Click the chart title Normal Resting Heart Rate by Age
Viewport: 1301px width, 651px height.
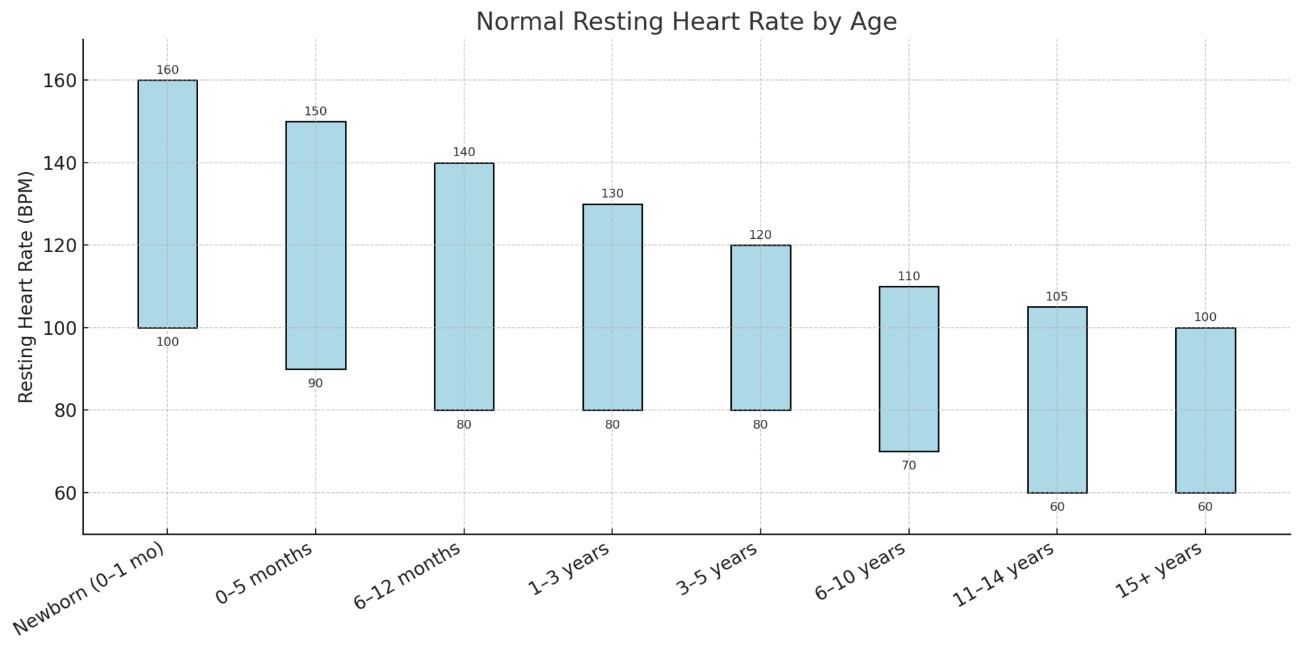tap(686, 22)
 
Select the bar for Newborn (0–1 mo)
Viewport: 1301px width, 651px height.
tap(168, 204)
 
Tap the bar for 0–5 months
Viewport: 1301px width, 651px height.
tap(316, 245)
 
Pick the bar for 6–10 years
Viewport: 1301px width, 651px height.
tap(909, 368)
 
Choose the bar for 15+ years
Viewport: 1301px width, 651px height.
tap(1205, 410)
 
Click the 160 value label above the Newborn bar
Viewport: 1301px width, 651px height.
tap(168, 70)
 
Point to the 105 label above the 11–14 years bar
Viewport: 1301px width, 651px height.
tap(1057, 297)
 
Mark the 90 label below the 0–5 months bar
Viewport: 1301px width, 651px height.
tap(316, 384)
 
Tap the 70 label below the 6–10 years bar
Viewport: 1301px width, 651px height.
tap(909, 466)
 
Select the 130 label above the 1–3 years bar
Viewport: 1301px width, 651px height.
tap(612, 194)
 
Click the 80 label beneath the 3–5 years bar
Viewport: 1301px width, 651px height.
tap(760, 425)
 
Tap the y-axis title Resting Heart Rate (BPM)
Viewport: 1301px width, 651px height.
tap(25, 286)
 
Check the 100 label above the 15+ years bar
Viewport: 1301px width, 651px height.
tap(1205, 318)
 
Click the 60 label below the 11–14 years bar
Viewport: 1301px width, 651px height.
tap(1057, 507)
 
